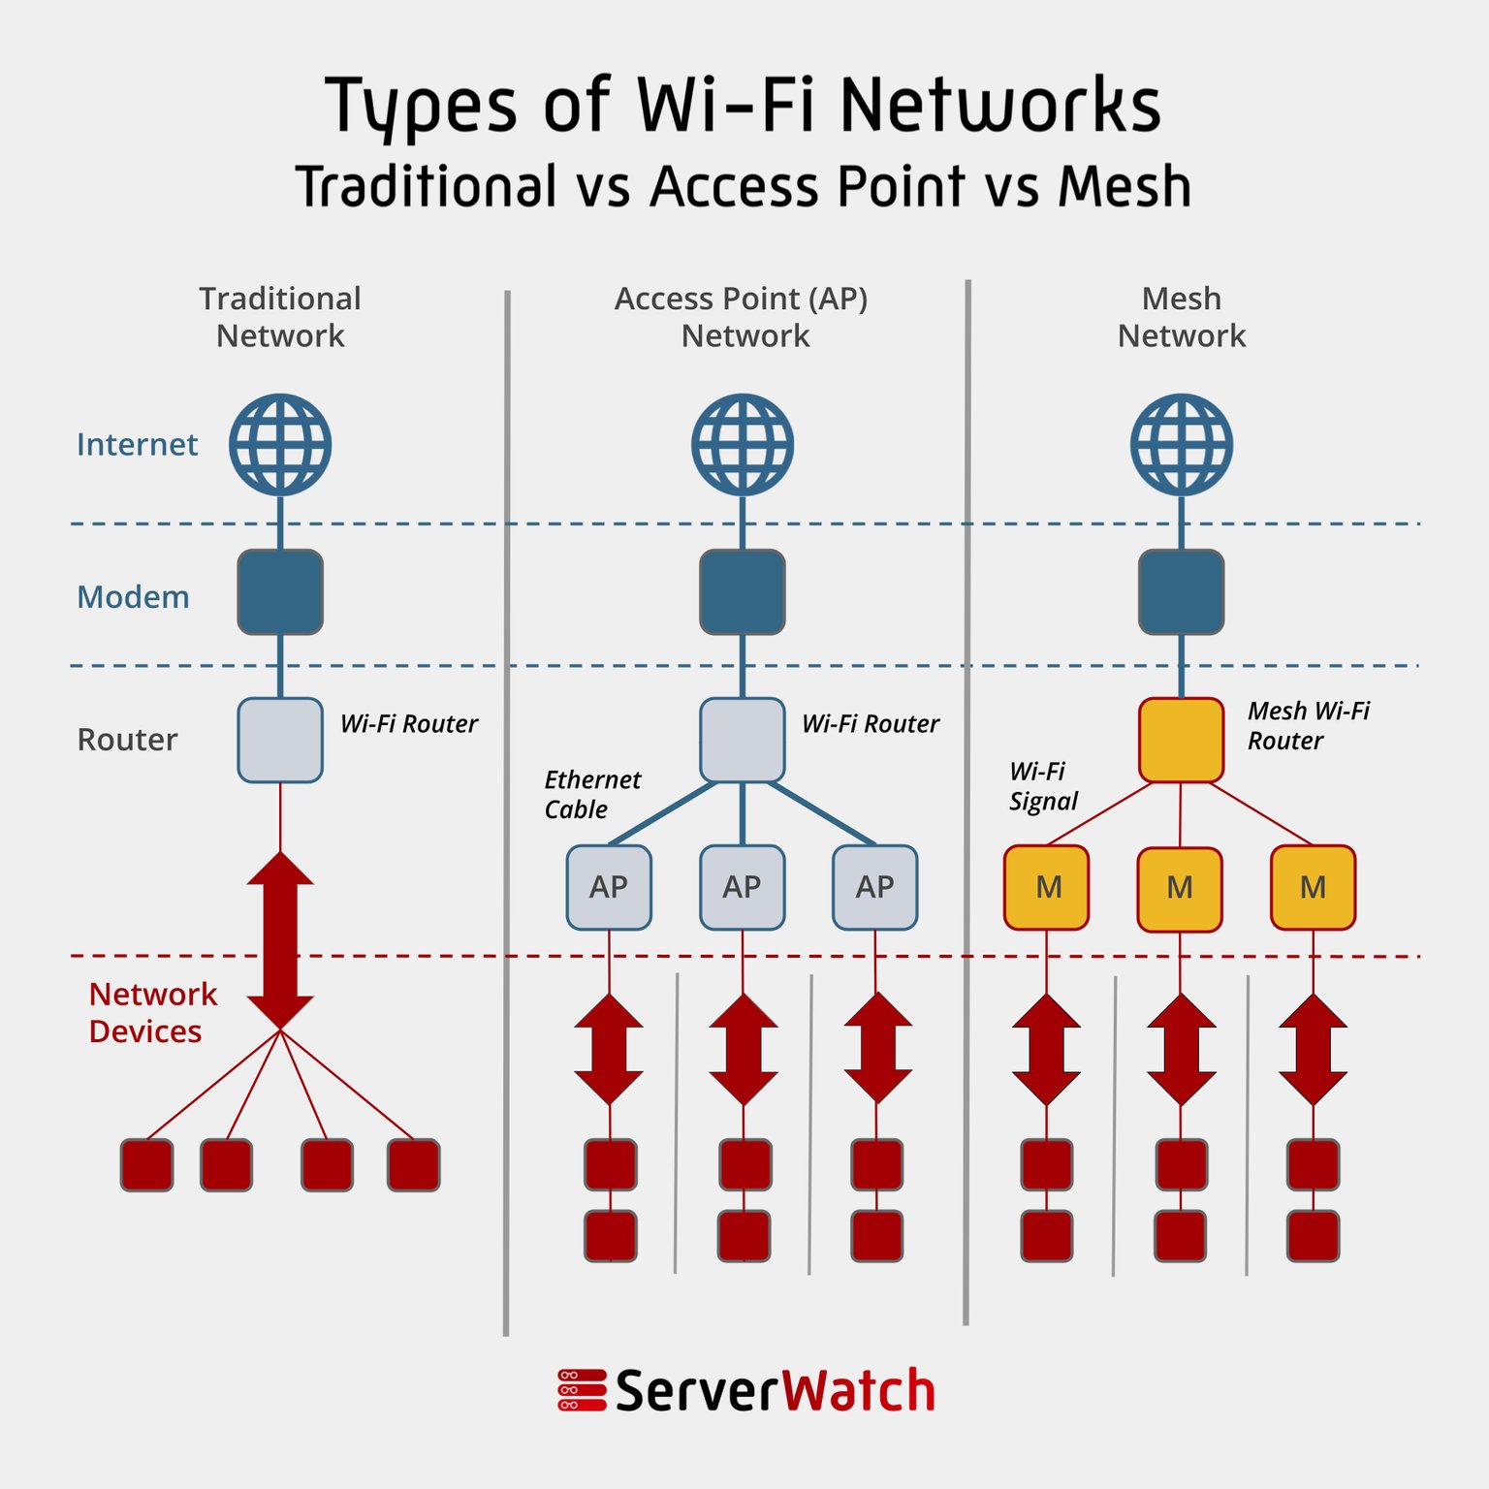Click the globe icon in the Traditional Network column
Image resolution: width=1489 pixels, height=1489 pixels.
(280, 445)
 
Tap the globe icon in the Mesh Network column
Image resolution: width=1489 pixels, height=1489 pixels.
(1181, 445)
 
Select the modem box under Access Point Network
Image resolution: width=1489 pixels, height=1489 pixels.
(742, 592)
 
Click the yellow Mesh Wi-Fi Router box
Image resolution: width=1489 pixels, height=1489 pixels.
(1181, 740)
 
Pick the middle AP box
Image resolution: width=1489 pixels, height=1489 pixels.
(742, 887)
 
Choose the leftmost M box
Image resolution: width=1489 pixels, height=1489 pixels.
(1047, 887)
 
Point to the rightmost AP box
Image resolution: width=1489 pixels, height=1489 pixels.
(874, 887)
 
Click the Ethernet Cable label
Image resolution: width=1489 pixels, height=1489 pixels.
(591, 794)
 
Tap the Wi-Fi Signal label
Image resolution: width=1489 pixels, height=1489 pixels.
(1042, 786)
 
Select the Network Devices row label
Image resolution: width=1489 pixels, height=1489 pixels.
(152, 1012)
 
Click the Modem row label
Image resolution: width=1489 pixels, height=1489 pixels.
(133, 597)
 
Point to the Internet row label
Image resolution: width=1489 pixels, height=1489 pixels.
(137, 444)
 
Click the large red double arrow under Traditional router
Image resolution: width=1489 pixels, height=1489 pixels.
(280, 940)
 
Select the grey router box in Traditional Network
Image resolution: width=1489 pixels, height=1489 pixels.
(280, 740)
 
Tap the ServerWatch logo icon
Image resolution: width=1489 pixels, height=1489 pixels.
(582, 1389)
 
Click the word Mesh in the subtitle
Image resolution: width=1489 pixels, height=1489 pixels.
(1125, 186)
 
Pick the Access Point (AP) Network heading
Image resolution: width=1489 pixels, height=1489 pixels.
(742, 316)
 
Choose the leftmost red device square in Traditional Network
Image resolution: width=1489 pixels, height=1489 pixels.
(146, 1164)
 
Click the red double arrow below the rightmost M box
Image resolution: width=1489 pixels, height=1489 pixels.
(1313, 1049)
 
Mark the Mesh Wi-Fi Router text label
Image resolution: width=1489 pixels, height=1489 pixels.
(1308, 725)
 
